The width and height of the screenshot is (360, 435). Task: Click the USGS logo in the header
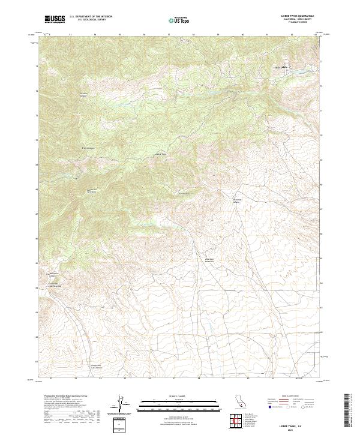click(55, 20)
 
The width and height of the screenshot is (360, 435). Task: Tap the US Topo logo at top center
click(182, 20)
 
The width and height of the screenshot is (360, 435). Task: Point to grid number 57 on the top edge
click(169, 34)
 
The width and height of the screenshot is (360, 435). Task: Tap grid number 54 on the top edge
click(95, 34)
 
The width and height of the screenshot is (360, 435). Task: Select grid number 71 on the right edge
click(322, 111)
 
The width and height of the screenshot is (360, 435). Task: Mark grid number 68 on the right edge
click(322, 185)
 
